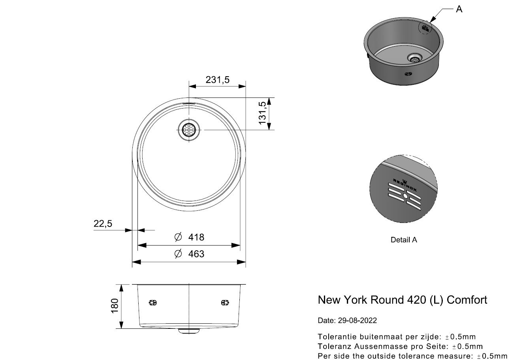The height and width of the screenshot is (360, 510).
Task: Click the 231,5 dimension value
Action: pyautogui.click(x=217, y=80)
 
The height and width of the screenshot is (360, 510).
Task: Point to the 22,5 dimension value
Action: pyautogui.click(x=103, y=224)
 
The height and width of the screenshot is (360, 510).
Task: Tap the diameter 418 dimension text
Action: pyautogui.click(x=196, y=237)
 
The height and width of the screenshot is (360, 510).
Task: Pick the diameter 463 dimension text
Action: pyautogui.click(x=196, y=254)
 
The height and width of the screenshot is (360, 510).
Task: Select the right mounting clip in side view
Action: pyautogui.click(x=225, y=303)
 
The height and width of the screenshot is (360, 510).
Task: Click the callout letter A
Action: pyautogui.click(x=459, y=9)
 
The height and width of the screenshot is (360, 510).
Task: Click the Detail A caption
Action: pyautogui.click(x=403, y=240)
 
